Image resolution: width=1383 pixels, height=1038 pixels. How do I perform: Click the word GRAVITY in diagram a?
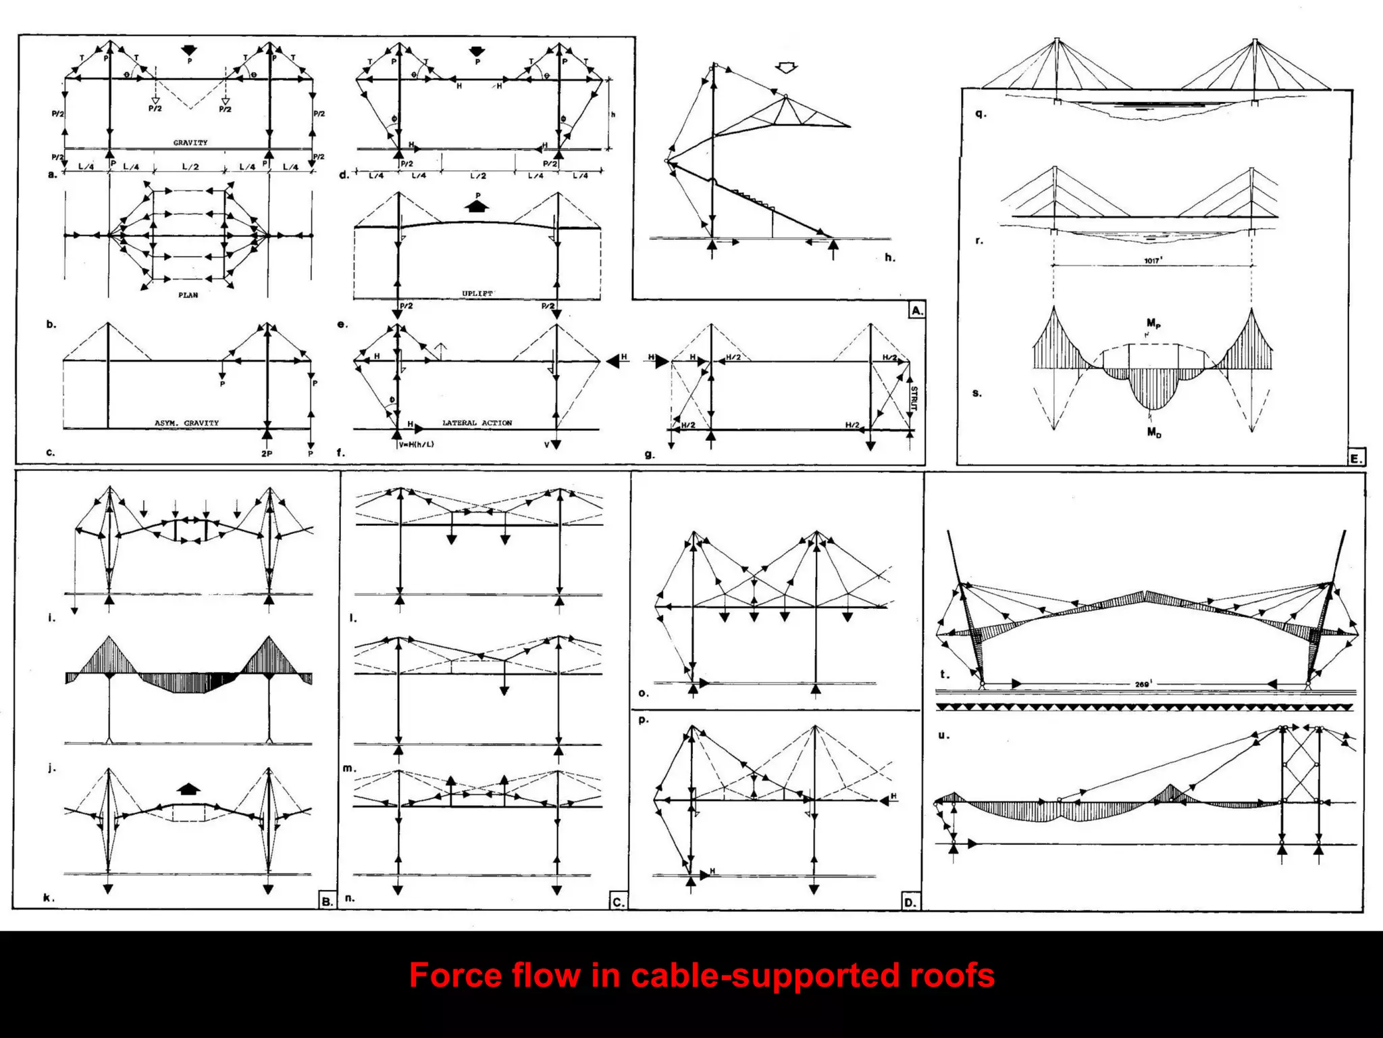pyautogui.click(x=190, y=143)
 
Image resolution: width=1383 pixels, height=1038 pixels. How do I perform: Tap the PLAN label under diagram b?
pyautogui.click(x=188, y=295)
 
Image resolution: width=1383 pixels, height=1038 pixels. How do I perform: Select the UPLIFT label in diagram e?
pyautogui.click(x=477, y=293)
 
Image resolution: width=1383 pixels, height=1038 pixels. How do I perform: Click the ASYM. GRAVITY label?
pyautogui.click(x=186, y=423)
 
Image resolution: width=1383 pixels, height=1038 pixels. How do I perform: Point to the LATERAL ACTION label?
pyautogui.click(x=477, y=423)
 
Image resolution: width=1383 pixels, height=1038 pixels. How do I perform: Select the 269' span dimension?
pyautogui.click(x=1143, y=685)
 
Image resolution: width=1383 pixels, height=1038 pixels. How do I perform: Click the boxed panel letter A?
pyautogui.click(x=916, y=311)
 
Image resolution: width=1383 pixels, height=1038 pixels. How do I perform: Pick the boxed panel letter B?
pyautogui.click(x=327, y=901)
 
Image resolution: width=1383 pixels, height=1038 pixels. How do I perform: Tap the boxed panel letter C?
pyautogui.click(x=618, y=901)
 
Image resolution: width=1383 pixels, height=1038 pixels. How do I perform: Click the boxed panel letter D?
pyautogui.click(x=910, y=902)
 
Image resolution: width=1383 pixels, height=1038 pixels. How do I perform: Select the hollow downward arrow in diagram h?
pyautogui.click(x=787, y=68)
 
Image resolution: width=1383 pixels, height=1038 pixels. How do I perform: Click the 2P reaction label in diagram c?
pyautogui.click(x=267, y=453)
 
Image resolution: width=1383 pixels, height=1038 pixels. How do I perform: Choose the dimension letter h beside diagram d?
pyautogui.click(x=613, y=115)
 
